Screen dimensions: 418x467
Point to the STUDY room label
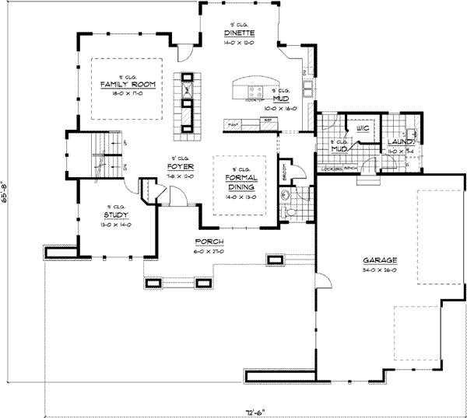[116, 214]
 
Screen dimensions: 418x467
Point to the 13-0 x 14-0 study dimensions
[116, 224]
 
